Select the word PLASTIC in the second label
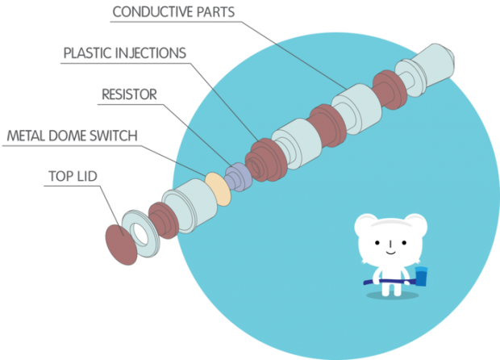tap(90, 53)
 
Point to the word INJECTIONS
tap(152, 53)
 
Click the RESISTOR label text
tap(129, 94)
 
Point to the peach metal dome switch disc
tap(218, 187)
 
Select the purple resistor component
tap(235, 177)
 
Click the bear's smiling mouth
tap(390, 251)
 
